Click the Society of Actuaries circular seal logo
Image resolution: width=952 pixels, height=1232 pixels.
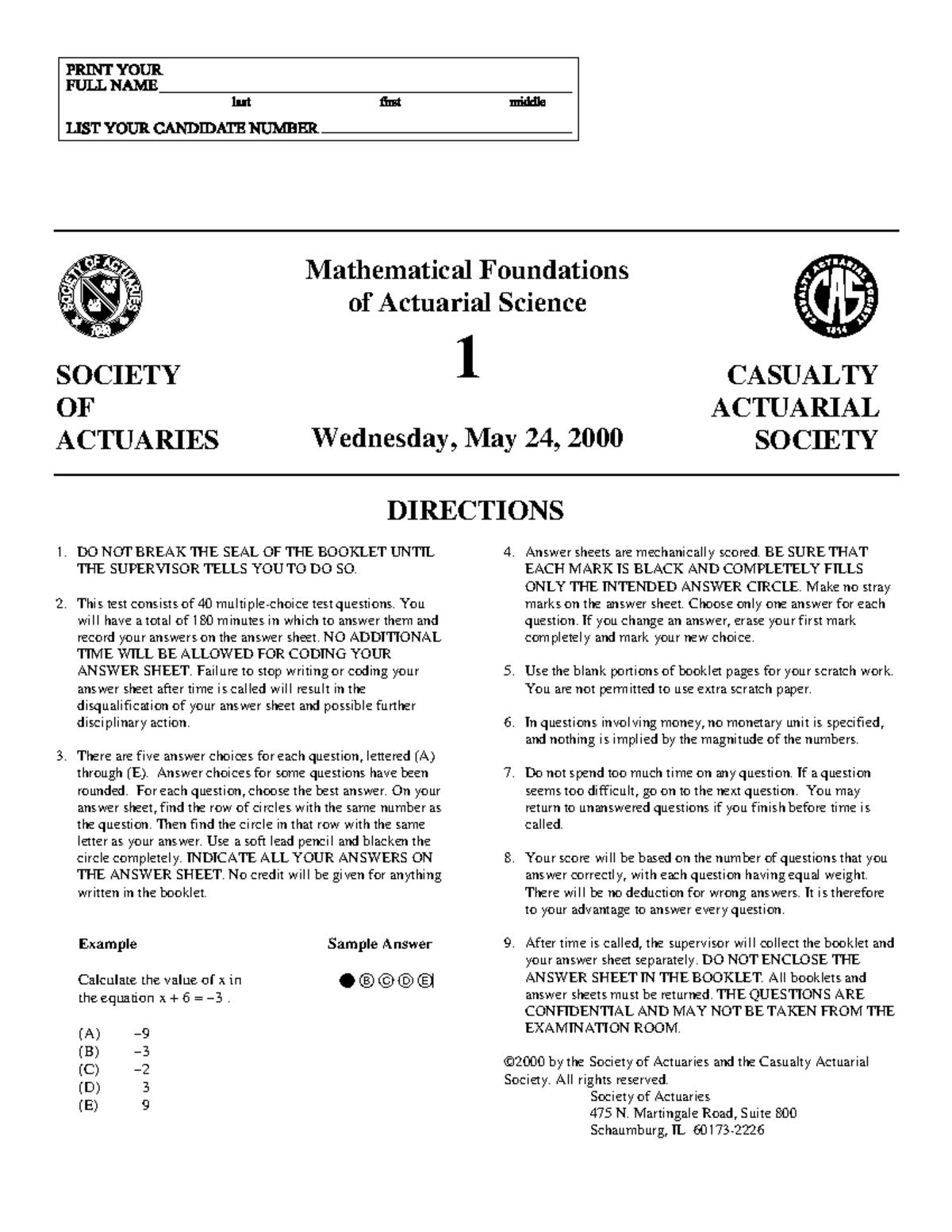pos(100,297)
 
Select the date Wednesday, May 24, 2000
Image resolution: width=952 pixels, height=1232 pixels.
pos(466,437)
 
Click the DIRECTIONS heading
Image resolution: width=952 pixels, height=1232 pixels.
pos(474,510)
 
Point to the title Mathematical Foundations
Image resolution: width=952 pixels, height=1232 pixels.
pos(466,270)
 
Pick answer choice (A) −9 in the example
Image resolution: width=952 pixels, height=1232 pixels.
pos(113,1034)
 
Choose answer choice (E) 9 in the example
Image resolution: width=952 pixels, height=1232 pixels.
pos(113,1105)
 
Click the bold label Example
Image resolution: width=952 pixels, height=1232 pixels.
pos(107,944)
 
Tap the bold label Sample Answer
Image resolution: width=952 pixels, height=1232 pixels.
pos(379,944)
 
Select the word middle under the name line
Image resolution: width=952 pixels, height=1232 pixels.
pos(527,102)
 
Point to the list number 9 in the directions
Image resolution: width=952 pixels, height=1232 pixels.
pos(509,943)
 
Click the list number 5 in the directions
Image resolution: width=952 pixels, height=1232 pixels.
pos(509,671)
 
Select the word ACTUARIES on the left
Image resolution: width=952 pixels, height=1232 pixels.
pos(136,439)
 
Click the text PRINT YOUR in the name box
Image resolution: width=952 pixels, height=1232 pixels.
pos(113,70)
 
